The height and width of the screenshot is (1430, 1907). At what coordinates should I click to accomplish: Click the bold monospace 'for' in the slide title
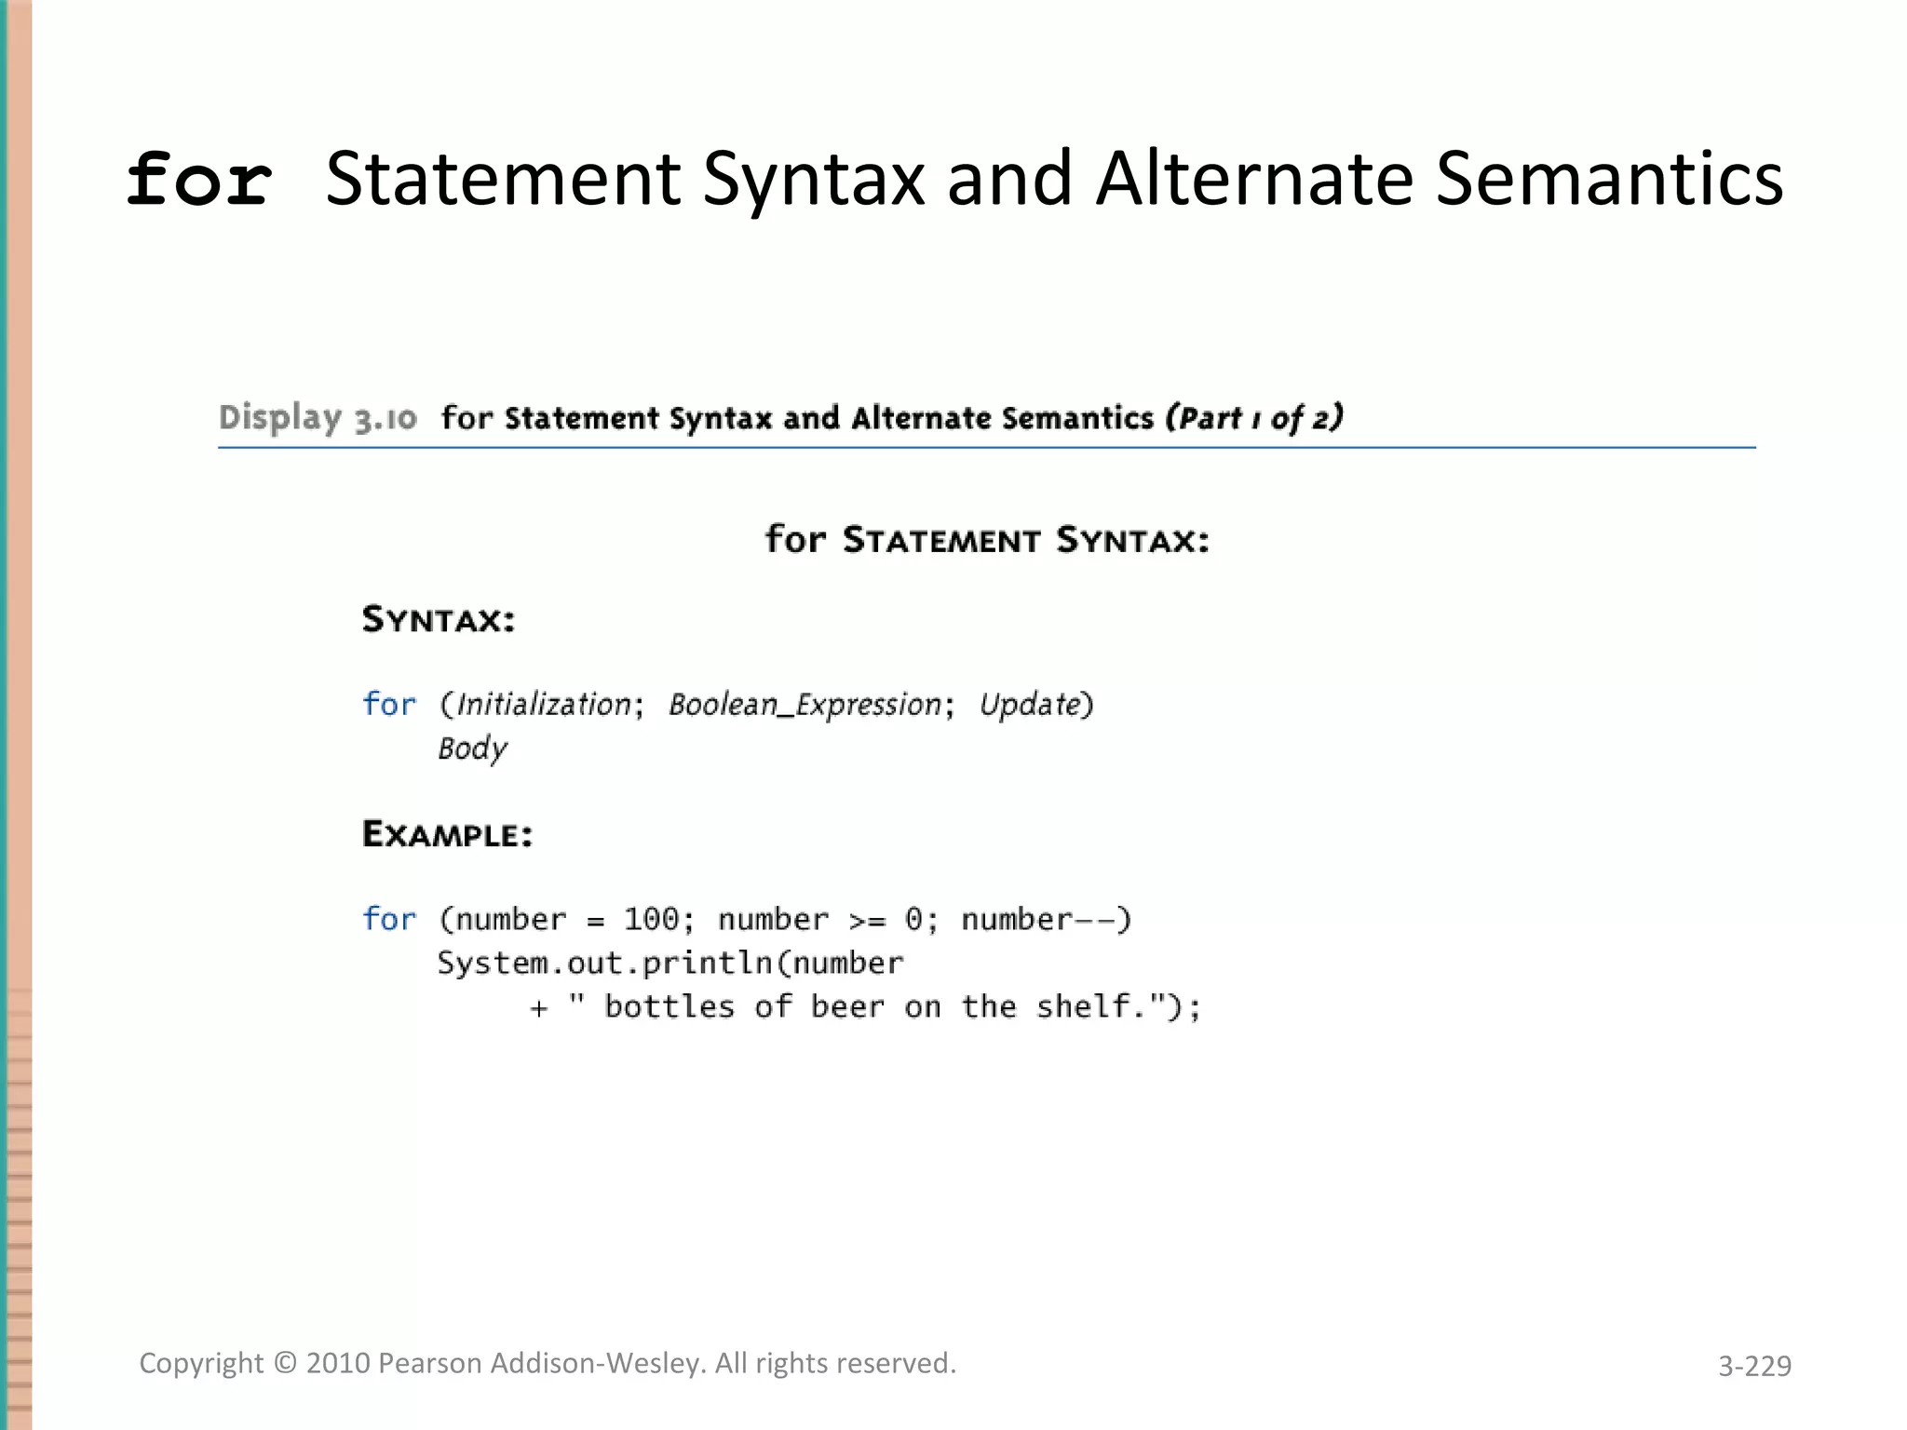[199, 180]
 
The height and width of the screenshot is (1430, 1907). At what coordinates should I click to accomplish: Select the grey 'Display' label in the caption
[279, 418]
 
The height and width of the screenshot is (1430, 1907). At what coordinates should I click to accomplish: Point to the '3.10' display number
[385, 420]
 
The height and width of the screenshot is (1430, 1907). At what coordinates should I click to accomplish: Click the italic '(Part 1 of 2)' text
[1254, 418]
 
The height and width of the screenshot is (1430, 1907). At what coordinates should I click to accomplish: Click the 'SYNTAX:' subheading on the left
[439, 620]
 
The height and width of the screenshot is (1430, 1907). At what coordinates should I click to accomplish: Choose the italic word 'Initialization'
[544, 705]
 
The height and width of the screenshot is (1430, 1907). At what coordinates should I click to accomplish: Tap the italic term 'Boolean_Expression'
[805, 705]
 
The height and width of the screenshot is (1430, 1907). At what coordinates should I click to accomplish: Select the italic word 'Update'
[1029, 705]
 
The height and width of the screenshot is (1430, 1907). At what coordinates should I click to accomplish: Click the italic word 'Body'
[472, 749]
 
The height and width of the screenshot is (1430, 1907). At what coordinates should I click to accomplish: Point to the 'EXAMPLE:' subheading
[447, 834]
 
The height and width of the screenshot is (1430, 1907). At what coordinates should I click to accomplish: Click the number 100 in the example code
[651, 920]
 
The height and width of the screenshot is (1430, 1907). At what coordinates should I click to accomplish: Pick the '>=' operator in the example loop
[867, 921]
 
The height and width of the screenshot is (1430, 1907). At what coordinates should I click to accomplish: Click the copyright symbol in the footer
[285, 1364]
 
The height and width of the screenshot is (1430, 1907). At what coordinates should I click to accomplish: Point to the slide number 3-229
[1754, 1366]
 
